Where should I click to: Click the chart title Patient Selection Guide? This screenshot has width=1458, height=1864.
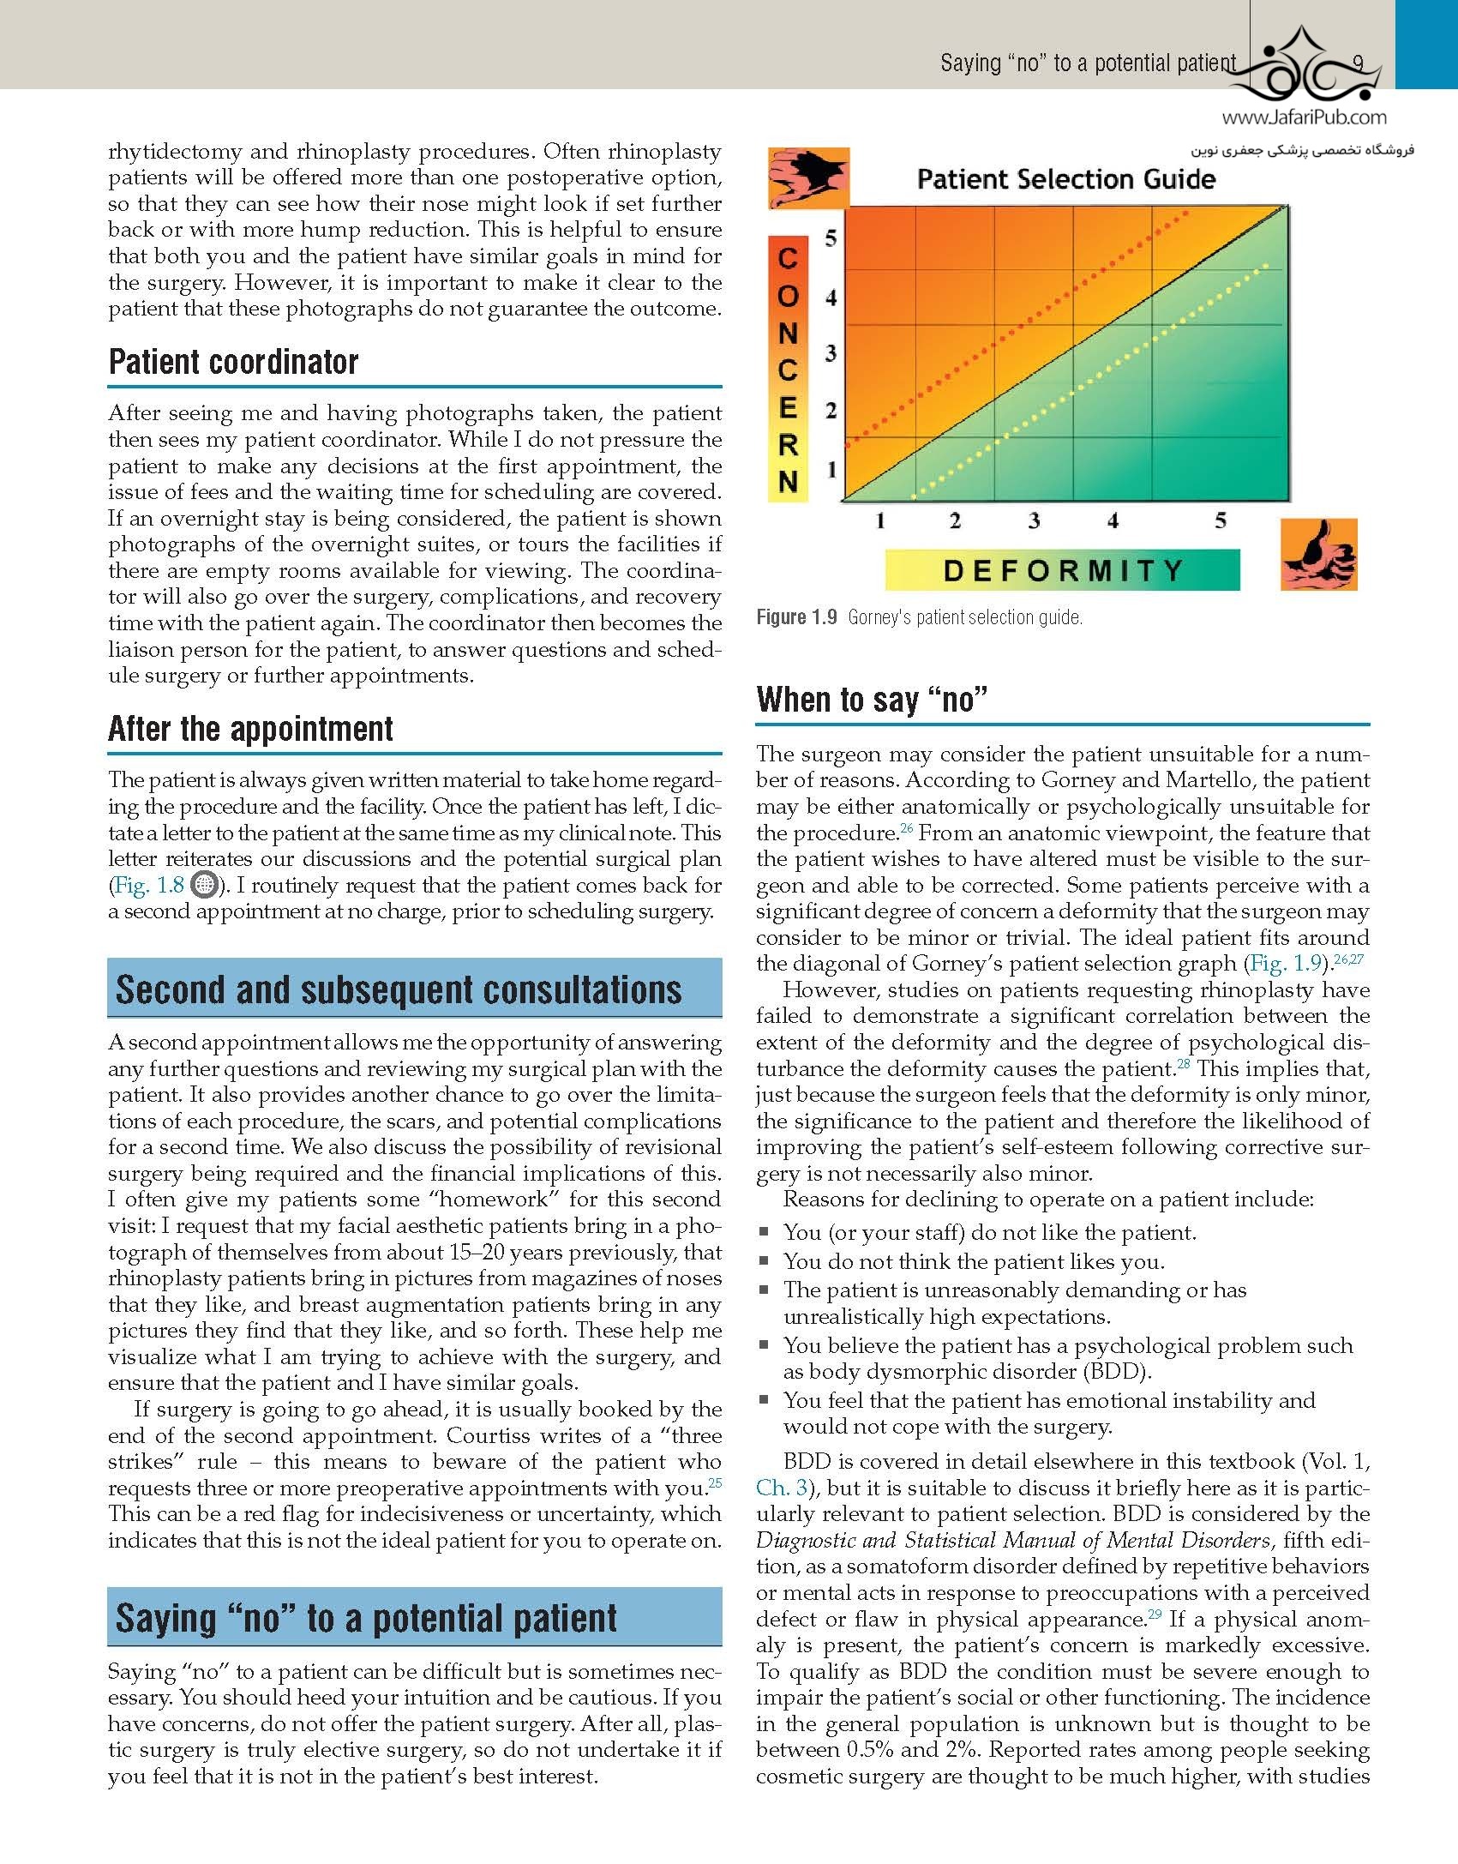(x=1065, y=179)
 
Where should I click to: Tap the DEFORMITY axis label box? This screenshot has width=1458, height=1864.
(x=1062, y=570)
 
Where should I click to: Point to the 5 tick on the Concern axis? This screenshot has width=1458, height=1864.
(x=830, y=238)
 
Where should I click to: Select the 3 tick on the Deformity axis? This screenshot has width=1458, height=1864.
(x=1034, y=520)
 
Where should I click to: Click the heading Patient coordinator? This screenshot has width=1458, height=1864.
(x=233, y=362)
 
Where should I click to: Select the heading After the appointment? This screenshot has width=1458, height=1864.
(x=250, y=729)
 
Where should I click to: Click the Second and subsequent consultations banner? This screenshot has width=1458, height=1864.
(x=414, y=989)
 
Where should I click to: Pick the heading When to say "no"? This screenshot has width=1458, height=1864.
(x=872, y=700)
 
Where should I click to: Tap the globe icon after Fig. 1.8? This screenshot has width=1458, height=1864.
(x=202, y=884)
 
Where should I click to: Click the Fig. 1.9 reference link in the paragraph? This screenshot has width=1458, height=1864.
(x=1287, y=963)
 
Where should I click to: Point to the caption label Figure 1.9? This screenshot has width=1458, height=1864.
(x=796, y=617)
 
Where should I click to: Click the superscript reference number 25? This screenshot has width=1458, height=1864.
(x=715, y=1481)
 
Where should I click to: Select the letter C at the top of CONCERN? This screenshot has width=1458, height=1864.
(x=789, y=257)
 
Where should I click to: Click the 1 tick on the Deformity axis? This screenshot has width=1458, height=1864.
(x=879, y=520)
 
